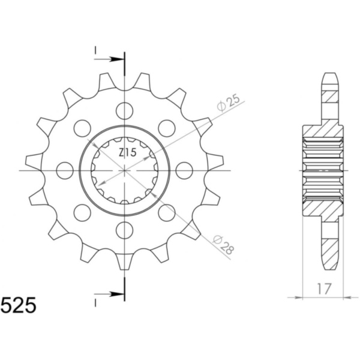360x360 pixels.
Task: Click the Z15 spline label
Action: [128, 152]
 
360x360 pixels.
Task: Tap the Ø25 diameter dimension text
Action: [229, 103]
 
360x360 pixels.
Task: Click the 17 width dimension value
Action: [325, 289]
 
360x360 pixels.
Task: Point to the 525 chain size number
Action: [19, 305]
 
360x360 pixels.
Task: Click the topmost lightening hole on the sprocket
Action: [125, 111]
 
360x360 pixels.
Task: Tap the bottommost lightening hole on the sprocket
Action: [125, 230]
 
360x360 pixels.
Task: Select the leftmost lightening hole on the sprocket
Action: [65, 170]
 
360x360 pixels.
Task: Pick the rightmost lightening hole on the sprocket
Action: [184, 170]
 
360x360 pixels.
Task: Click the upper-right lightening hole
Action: [167, 128]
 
